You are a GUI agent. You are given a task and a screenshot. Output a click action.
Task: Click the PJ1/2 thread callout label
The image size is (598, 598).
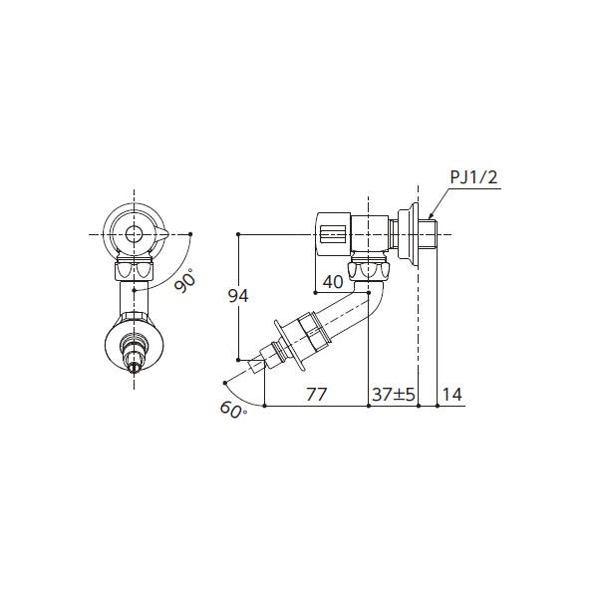[x=473, y=177]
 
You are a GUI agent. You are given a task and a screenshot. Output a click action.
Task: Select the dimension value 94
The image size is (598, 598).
[x=238, y=296]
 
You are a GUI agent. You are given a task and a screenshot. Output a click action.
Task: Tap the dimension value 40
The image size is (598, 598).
[x=333, y=282]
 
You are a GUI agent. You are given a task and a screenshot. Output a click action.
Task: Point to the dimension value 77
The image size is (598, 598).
[x=317, y=395]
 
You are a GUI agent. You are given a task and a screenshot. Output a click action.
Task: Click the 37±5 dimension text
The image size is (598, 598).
[x=394, y=395]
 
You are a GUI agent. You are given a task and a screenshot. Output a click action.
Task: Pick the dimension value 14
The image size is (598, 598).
[x=452, y=395]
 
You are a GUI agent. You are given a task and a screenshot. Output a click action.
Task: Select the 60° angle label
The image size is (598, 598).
[x=233, y=411]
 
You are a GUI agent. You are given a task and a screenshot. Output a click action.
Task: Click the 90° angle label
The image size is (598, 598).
[x=185, y=279]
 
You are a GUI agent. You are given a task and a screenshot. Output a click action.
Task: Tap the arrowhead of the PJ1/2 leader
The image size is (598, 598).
[x=431, y=217]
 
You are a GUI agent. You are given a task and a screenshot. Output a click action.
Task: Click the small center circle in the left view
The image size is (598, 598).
[x=134, y=234]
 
